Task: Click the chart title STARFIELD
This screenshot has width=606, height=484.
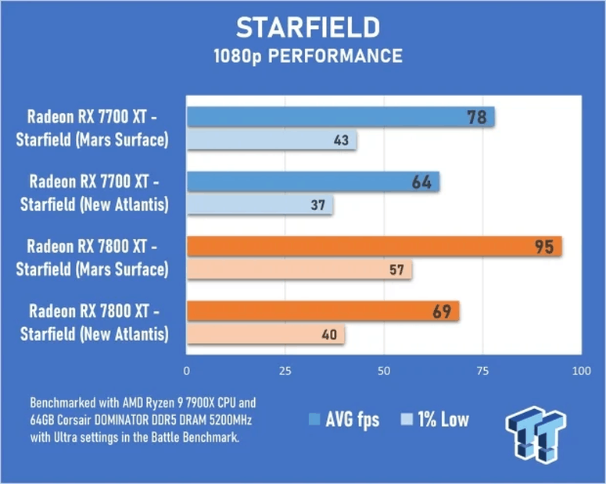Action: pyautogui.click(x=308, y=27)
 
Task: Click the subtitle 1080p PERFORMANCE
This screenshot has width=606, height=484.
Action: pyautogui.click(x=308, y=56)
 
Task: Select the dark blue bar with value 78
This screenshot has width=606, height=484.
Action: pyautogui.click(x=340, y=118)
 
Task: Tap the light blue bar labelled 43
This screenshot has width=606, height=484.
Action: pyautogui.click(x=271, y=141)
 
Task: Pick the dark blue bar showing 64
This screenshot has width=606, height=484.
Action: pyautogui.click(x=313, y=183)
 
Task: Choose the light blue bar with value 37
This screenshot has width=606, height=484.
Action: pyautogui.click(x=260, y=206)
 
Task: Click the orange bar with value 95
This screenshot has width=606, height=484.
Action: pyautogui.click(x=374, y=247)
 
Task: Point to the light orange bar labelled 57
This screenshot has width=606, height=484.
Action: pyautogui.click(x=299, y=271)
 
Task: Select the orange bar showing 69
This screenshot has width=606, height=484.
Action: pyautogui.click(x=322, y=312)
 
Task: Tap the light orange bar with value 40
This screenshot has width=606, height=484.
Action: pyautogui.click(x=265, y=336)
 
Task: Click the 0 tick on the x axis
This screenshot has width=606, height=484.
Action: pyautogui.click(x=186, y=370)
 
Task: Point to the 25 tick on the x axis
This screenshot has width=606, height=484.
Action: pyautogui.click(x=285, y=370)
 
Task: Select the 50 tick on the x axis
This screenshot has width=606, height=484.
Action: pyautogui.click(x=384, y=370)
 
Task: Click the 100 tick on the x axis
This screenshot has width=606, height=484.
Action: pyautogui.click(x=579, y=370)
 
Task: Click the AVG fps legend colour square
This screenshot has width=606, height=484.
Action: pyautogui.click(x=315, y=420)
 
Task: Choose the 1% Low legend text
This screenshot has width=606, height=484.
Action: pyautogui.click(x=442, y=420)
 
